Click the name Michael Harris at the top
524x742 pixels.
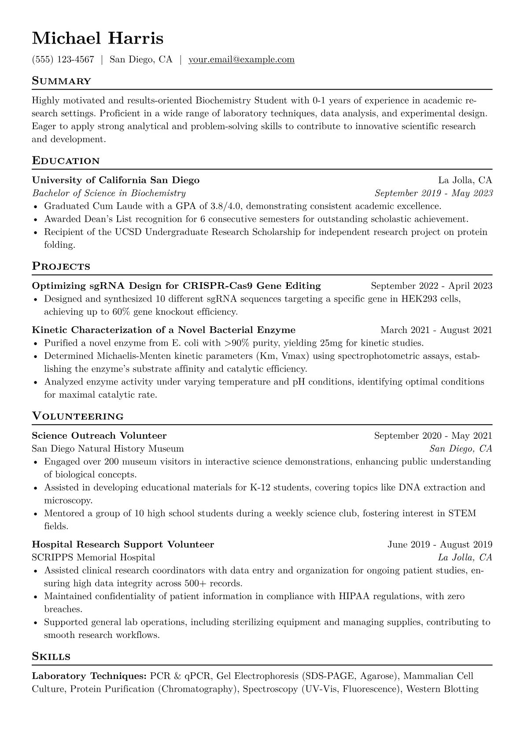[97, 38]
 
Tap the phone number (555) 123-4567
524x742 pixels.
[63, 60]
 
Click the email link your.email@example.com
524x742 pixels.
[241, 60]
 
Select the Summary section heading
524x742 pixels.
[61, 81]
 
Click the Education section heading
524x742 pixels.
[66, 161]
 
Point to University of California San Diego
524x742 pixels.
[115, 180]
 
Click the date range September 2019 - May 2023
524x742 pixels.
[433, 193]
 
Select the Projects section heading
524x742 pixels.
[61, 267]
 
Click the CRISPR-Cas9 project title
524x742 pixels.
[176, 286]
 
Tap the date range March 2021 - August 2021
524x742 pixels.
[436, 330]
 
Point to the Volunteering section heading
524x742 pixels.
[77, 417]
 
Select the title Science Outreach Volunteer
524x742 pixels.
[99, 436]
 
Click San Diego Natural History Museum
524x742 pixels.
[107, 449]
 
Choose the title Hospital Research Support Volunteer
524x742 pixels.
[123, 545]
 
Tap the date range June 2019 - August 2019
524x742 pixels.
[439, 545]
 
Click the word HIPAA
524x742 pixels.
[356, 597]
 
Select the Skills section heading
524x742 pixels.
[51, 657]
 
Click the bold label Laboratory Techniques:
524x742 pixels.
[89, 676]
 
